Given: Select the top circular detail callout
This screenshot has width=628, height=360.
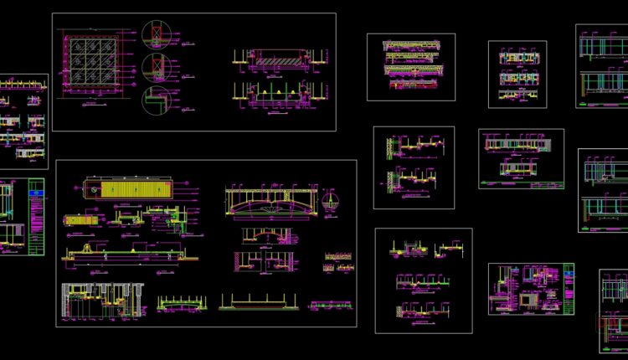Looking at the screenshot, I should pos(154,33).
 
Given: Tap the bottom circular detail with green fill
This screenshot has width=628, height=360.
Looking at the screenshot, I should pos(154,98).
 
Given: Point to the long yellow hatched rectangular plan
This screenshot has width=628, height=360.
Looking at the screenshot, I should pos(135,190).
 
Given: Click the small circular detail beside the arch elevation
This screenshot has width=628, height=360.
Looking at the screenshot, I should pos(332,202).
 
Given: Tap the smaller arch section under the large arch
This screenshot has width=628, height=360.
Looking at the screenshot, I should pos(268,234).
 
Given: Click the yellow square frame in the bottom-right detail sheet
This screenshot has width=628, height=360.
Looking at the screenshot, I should pos(528,297).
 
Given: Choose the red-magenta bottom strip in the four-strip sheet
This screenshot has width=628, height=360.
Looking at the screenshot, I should pos(410,83).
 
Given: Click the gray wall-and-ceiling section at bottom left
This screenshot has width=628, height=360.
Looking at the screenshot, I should pos(100,298).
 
